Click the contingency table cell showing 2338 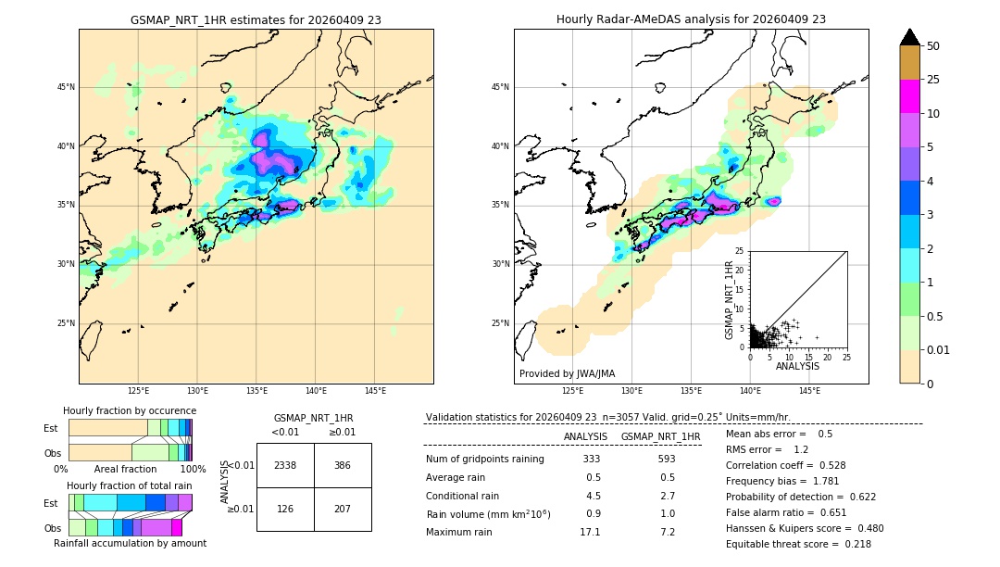pos(285,465)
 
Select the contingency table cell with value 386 pos(343,465)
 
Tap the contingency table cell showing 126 pos(285,508)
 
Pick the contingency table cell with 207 pos(343,508)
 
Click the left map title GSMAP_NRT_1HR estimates pos(256,19)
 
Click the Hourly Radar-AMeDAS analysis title pos(691,19)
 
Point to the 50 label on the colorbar pos(933,45)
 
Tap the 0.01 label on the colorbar pos(939,349)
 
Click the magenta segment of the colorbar pos(910,96)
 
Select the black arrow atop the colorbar pos(910,37)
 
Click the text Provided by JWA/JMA pos(567,373)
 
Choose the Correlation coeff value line pos(785,465)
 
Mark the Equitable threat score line pos(798,544)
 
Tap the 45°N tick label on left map pos(66,87)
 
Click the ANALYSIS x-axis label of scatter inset pos(797,366)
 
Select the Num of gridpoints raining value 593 pos(666,459)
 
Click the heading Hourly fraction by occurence pos(130,410)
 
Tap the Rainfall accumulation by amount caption pos(130,543)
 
